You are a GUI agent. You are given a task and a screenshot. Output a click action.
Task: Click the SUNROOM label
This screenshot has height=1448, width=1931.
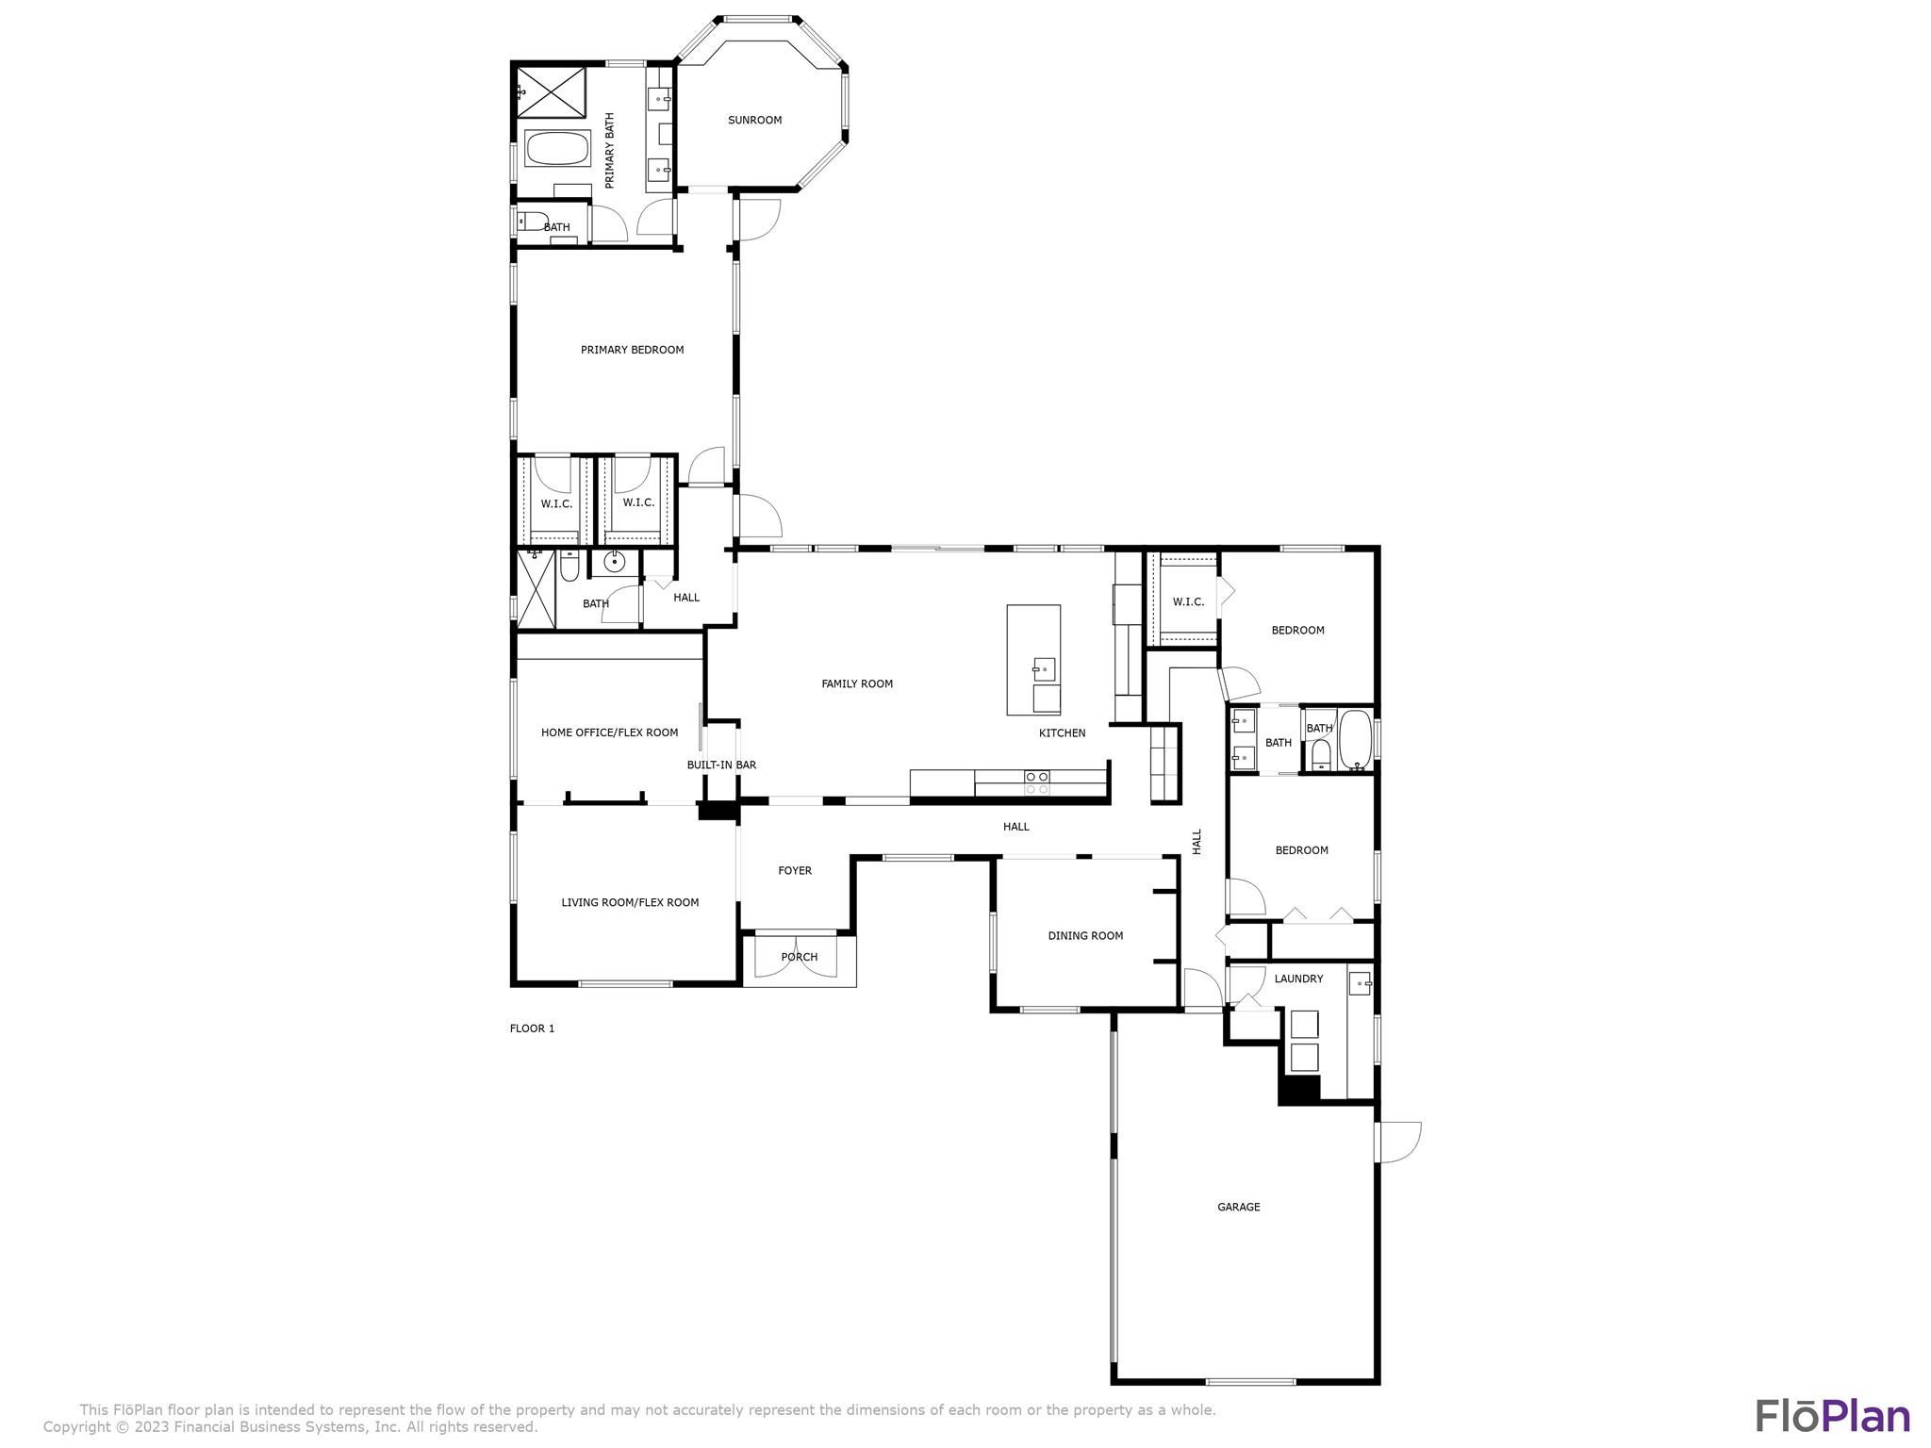pyautogui.click(x=754, y=121)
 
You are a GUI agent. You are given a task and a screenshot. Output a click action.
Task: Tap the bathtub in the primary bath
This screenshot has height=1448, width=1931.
pyautogui.click(x=556, y=148)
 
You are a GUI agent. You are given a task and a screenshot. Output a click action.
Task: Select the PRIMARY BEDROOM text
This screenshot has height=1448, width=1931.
pyautogui.click(x=632, y=350)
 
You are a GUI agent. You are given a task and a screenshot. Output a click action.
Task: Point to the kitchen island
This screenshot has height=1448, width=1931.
pyautogui.click(x=1033, y=660)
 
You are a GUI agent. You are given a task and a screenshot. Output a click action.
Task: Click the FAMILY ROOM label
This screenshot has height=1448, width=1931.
pyautogui.click(x=856, y=684)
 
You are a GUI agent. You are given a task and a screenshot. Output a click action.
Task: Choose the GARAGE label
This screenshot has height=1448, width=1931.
pyautogui.click(x=1238, y=1207)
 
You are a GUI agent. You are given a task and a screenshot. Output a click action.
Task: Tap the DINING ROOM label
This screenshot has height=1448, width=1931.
pyautogui.click(x=1085, y=936)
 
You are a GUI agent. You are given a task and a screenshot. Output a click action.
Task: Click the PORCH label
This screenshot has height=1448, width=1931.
pyautogui.click(x=799, y=958)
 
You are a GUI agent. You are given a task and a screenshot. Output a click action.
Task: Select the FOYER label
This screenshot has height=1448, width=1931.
pyautogui.click(x=794, y=871)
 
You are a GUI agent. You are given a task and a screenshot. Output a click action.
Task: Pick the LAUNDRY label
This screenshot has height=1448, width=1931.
pyautogui.click(x=1298, y=979)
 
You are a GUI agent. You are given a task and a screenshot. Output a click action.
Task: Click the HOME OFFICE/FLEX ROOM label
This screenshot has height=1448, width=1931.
pyautogui.click(x=609, y=732)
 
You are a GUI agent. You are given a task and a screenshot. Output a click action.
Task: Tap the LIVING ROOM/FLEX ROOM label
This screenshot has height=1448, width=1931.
pyautogui.click(x=630, y=903)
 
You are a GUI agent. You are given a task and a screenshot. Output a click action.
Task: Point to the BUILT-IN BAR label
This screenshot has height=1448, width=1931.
pyautogui.click(x=721, y=765)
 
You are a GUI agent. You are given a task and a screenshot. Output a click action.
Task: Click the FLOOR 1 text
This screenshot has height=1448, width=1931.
pyautogui.click(x=532, y=1028)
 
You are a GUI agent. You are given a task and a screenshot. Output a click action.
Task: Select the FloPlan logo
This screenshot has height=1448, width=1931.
pyautogui.click(x=1832, y=1417)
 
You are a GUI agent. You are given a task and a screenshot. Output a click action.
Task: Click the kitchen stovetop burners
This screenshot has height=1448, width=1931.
pyautogui.click(x=1036, y=782)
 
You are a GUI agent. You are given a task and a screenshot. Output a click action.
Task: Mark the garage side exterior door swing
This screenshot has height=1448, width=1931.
pyautogui.click(x=1399, y=1142)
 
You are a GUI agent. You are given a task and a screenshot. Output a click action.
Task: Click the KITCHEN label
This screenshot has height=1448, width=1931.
pyautogui.click(x=1062, y=733)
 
